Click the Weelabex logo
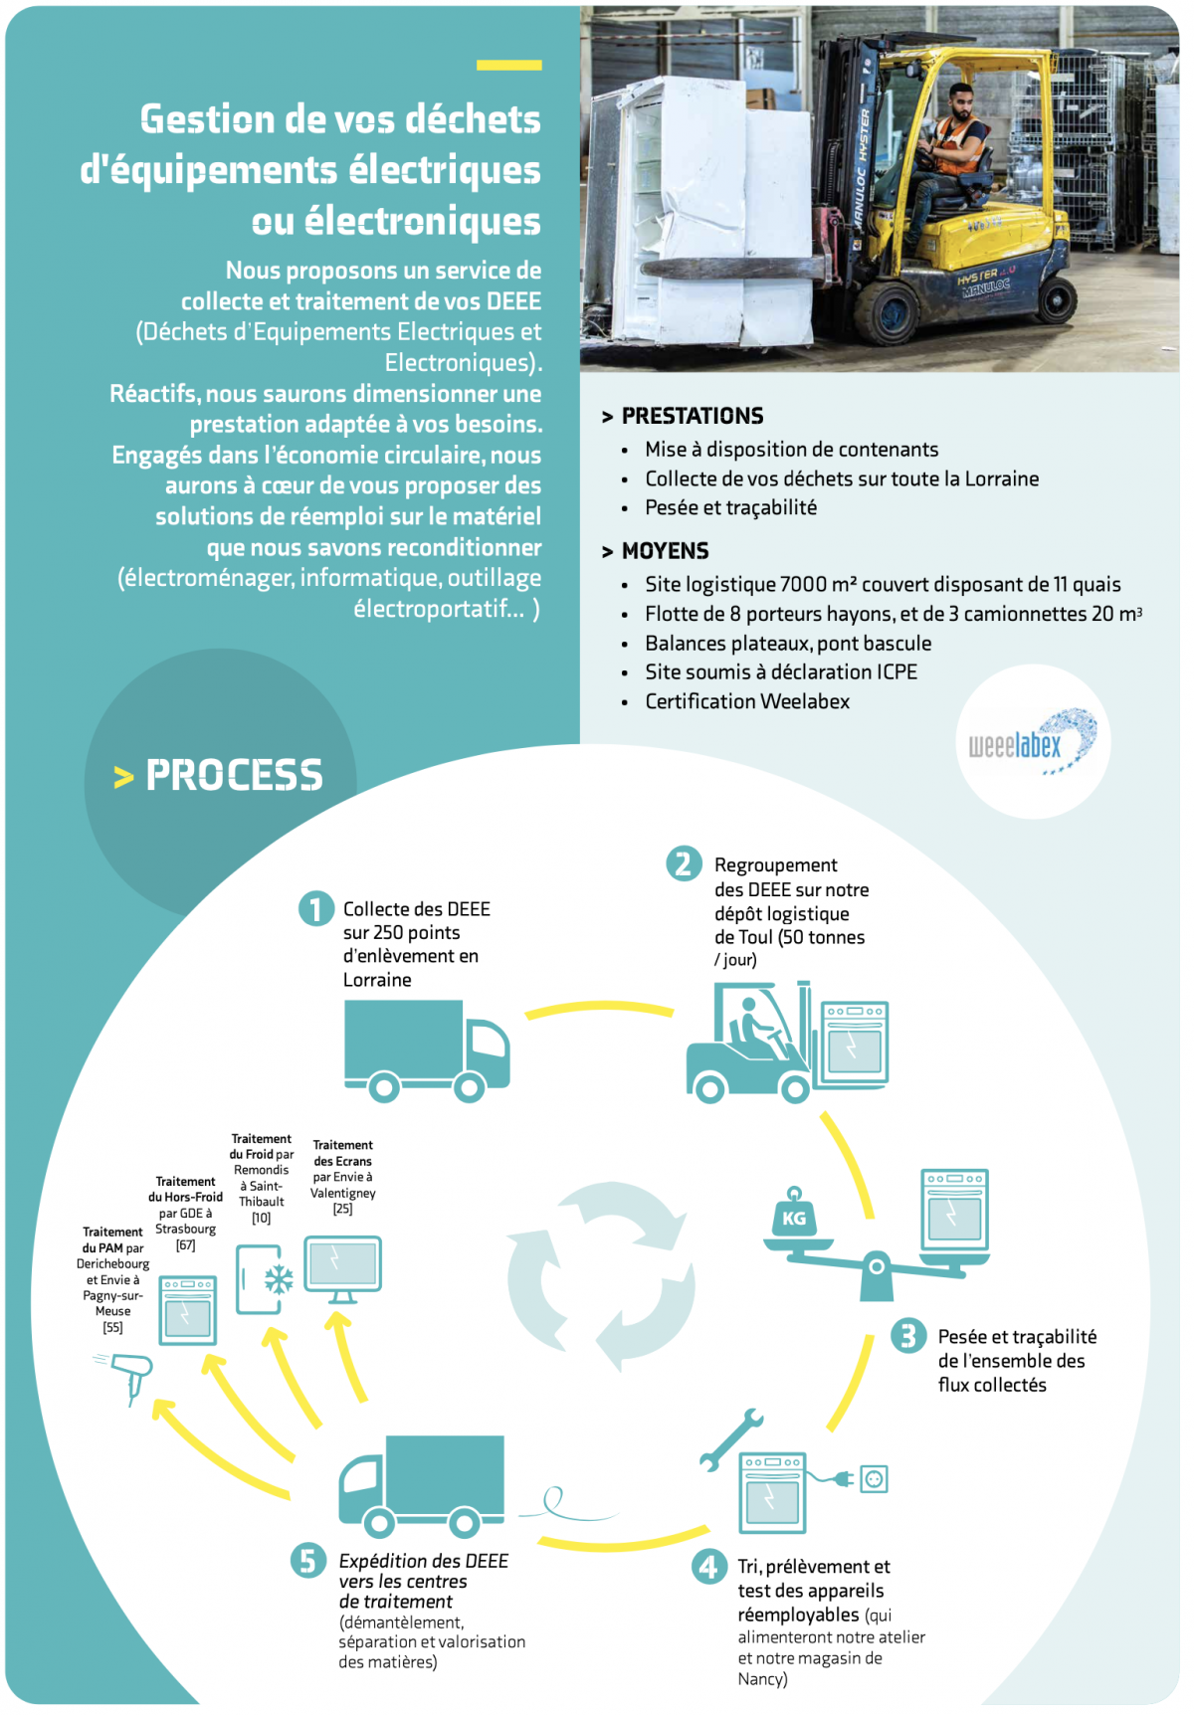[x=1034, y=742]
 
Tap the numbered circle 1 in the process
[x=315, y=908]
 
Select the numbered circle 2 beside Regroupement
[x=684, y=863]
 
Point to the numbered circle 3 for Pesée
[x=907, y=1335]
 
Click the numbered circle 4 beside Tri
[x=708, y=1567]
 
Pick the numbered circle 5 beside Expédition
[x=307, y=1561]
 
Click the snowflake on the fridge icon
[x=279, y=1279]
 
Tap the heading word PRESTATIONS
[x=693, y=416]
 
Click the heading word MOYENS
[x=666, y=551]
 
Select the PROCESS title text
[x=235, y=775]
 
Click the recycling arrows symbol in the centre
[x=601, y=1276]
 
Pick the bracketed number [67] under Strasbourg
[x=185, y=1245]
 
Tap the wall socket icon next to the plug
[x=875, y=1479]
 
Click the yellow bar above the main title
[x=509, y=66]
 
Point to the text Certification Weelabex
[x=747, y=701]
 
